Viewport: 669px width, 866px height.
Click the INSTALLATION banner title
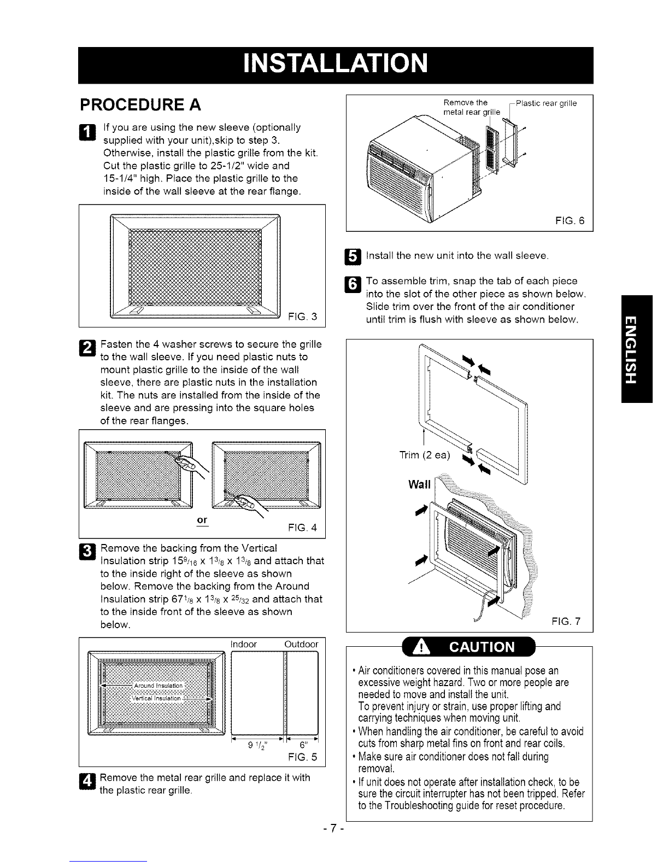(336, 64)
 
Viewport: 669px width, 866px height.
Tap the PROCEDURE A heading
(140, 105)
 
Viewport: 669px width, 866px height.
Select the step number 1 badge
(87, 132)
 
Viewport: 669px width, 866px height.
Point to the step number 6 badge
(353, 284)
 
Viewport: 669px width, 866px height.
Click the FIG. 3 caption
(302, 317)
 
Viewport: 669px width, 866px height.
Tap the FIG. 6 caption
(570, 221)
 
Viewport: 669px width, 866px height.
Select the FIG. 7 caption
(566, 621)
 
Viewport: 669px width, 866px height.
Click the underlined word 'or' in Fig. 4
(202, 520)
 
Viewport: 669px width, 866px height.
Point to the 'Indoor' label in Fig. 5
(244, 644)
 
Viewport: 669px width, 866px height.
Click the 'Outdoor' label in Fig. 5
(301, 644)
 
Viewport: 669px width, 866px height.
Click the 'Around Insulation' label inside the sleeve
(158, 686)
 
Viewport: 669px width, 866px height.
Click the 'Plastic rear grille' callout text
(546, 104)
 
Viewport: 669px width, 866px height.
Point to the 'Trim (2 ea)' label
(425, 455)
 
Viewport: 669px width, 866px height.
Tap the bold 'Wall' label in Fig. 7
(419, 484)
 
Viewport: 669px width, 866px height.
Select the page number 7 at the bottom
(333, 828)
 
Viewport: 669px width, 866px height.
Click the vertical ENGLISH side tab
(637, 349)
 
